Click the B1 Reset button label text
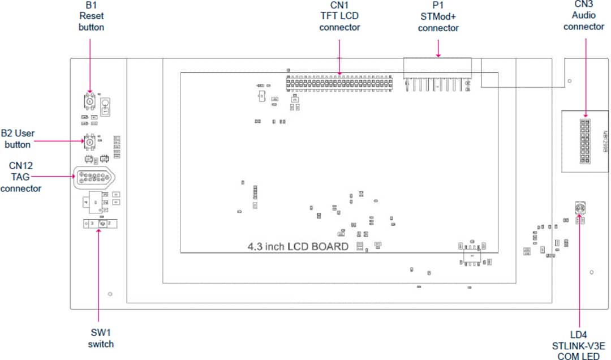point(92,16)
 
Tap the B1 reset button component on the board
point(89,101)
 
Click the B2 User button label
point(18,139)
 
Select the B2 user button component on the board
point(89,142)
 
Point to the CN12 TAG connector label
point(20,177)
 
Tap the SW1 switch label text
point(101,338)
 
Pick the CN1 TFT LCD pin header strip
point(339,84)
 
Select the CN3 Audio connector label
point(584,15)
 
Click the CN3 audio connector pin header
point(584,139)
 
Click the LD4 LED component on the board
point(579,209)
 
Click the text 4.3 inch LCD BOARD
point(298,246)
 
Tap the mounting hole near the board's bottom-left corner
point(110,294)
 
